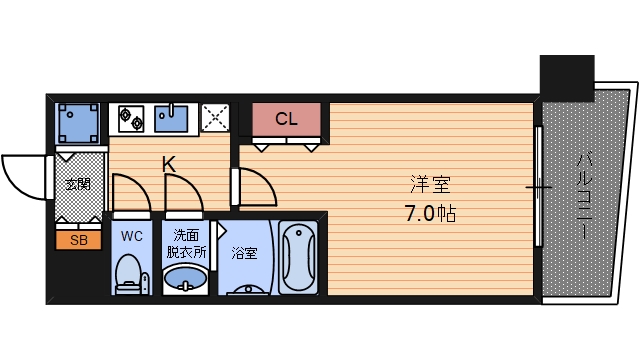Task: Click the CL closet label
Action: click(x=286, y=119)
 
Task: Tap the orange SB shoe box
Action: click(x=78, y=240)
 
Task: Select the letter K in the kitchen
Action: click(x=169, y=164)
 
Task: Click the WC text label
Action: click(x=131, y=236)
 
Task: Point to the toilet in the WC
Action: click(x=131, y=274)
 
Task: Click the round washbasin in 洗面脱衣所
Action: click(x=185, y=278)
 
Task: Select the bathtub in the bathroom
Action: click(x=298, y=257)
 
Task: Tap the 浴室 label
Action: click(x=244, y=253)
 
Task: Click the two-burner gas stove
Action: click(x=131, y=118)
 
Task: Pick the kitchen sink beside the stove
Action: click(x=171, y=118)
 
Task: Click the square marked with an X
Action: click(x=215, y=118)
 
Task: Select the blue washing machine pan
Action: click(x=78, y=123)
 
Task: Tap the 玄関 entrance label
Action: click(x=78, y=184)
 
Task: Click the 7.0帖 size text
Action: click(x=430, y=213)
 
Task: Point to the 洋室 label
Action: click(x=430, y=184)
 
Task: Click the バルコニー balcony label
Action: click(x=584, y=196)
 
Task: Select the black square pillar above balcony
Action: click(x=567, y=78)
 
